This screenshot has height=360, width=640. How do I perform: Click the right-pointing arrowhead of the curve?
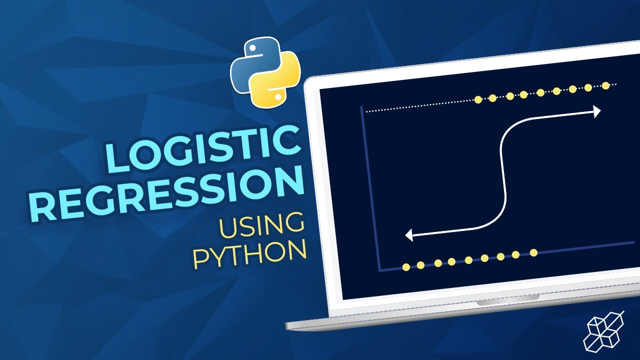point(596,111)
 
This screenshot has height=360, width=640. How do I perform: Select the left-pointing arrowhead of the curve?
point(409,234)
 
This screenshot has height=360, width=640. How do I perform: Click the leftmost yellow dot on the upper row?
point(477,99)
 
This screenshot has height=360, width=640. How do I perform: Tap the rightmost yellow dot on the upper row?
point(606,85)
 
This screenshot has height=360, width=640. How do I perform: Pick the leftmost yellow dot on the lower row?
point(406,267)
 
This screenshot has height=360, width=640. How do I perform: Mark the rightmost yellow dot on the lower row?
point(533,252)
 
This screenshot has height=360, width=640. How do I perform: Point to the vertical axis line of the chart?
point(370,190)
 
